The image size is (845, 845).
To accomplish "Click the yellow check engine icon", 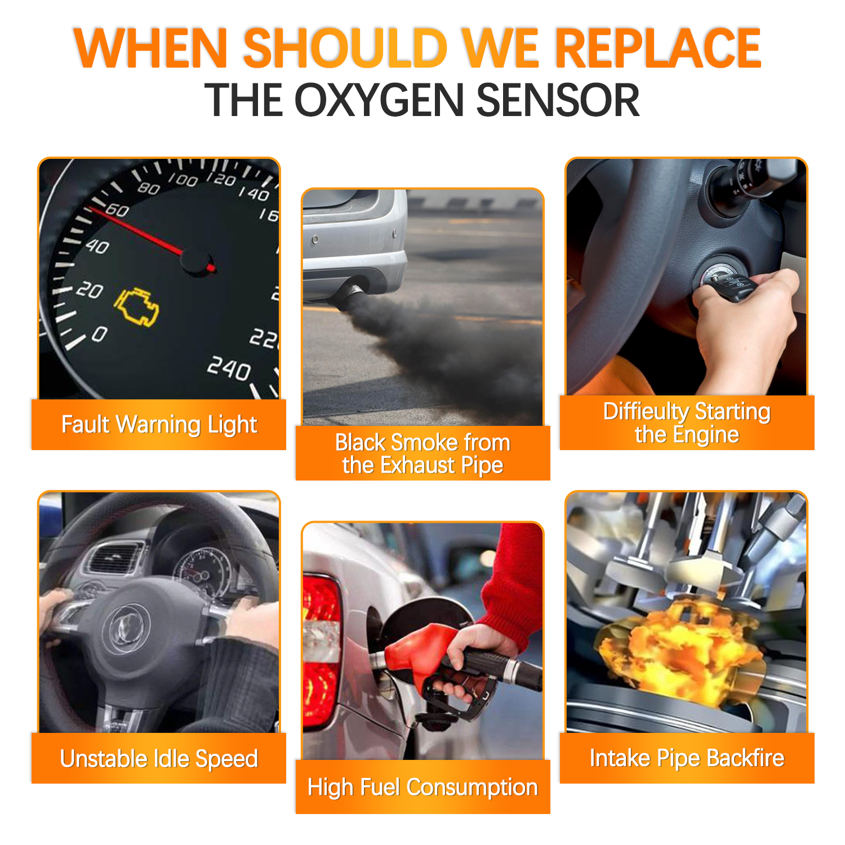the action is click(136, 308).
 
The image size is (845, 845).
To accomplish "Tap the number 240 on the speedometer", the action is click(229, 368).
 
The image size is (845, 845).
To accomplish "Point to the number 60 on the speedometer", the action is click(117, 210).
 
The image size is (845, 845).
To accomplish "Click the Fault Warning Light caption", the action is click(159, 425).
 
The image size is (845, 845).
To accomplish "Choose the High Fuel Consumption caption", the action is click(422, 788).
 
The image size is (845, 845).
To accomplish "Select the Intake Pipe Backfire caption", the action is click(687, 758).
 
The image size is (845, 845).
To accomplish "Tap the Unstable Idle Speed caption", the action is click(159, 759).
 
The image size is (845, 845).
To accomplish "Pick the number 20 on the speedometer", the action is click(89, 290).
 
